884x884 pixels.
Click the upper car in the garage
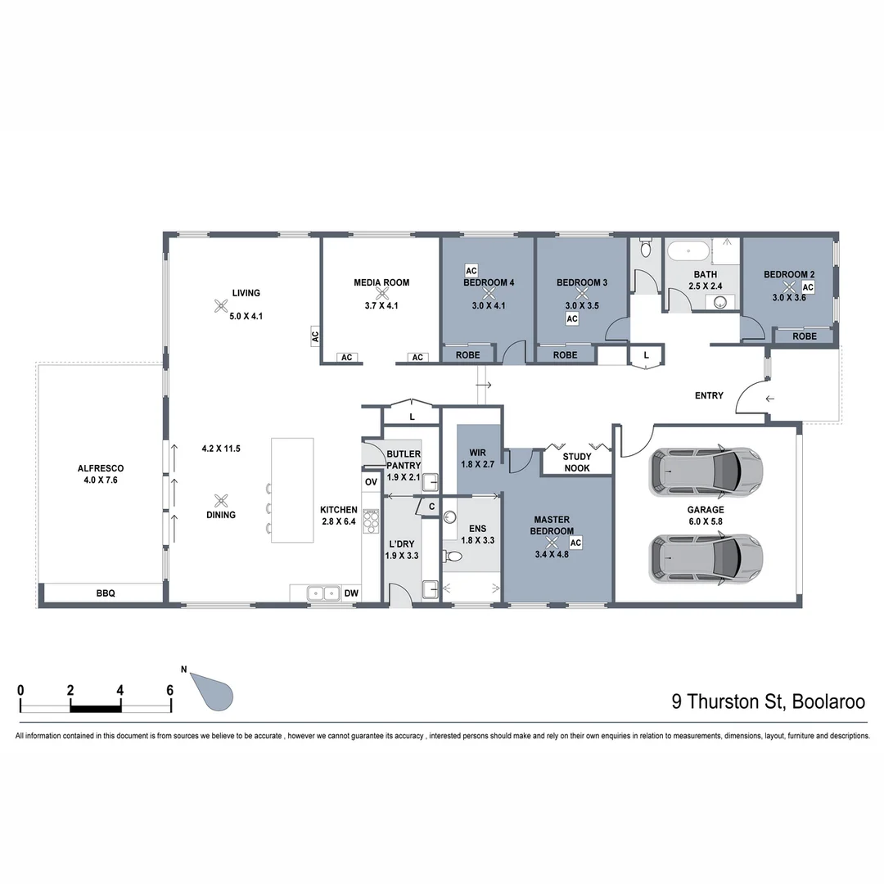click(706, 472)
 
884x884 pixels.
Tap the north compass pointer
click(214, 692)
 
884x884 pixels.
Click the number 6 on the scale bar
click(169, 690)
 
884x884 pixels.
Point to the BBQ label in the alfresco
click(106, 593)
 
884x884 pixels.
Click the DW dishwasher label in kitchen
click(351, 593)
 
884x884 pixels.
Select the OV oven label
click(371, 482)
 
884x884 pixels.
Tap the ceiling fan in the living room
click(221, 306)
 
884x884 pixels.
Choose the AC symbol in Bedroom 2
click(807, 287)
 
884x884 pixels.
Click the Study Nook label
click(576, 462)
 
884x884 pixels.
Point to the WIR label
click(478, 453)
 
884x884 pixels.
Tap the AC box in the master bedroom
click(575, 542)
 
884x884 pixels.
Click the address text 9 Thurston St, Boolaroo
click(768, 701)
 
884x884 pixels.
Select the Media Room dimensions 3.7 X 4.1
click(381, 306)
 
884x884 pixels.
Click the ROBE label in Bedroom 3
click(565, 355)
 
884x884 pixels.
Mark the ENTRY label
click(709, 396)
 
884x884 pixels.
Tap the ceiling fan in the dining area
click(221, 499)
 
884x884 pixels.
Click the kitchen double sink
click(323, 593)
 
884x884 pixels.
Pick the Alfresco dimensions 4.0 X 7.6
click(101, 480)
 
